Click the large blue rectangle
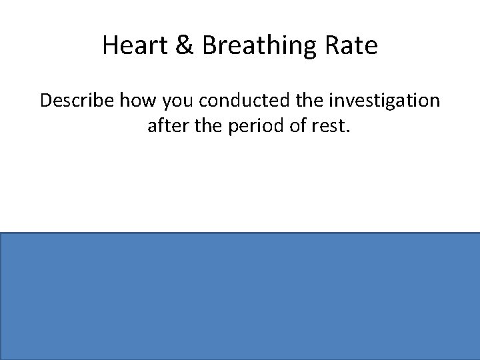[x=240, y=296]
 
